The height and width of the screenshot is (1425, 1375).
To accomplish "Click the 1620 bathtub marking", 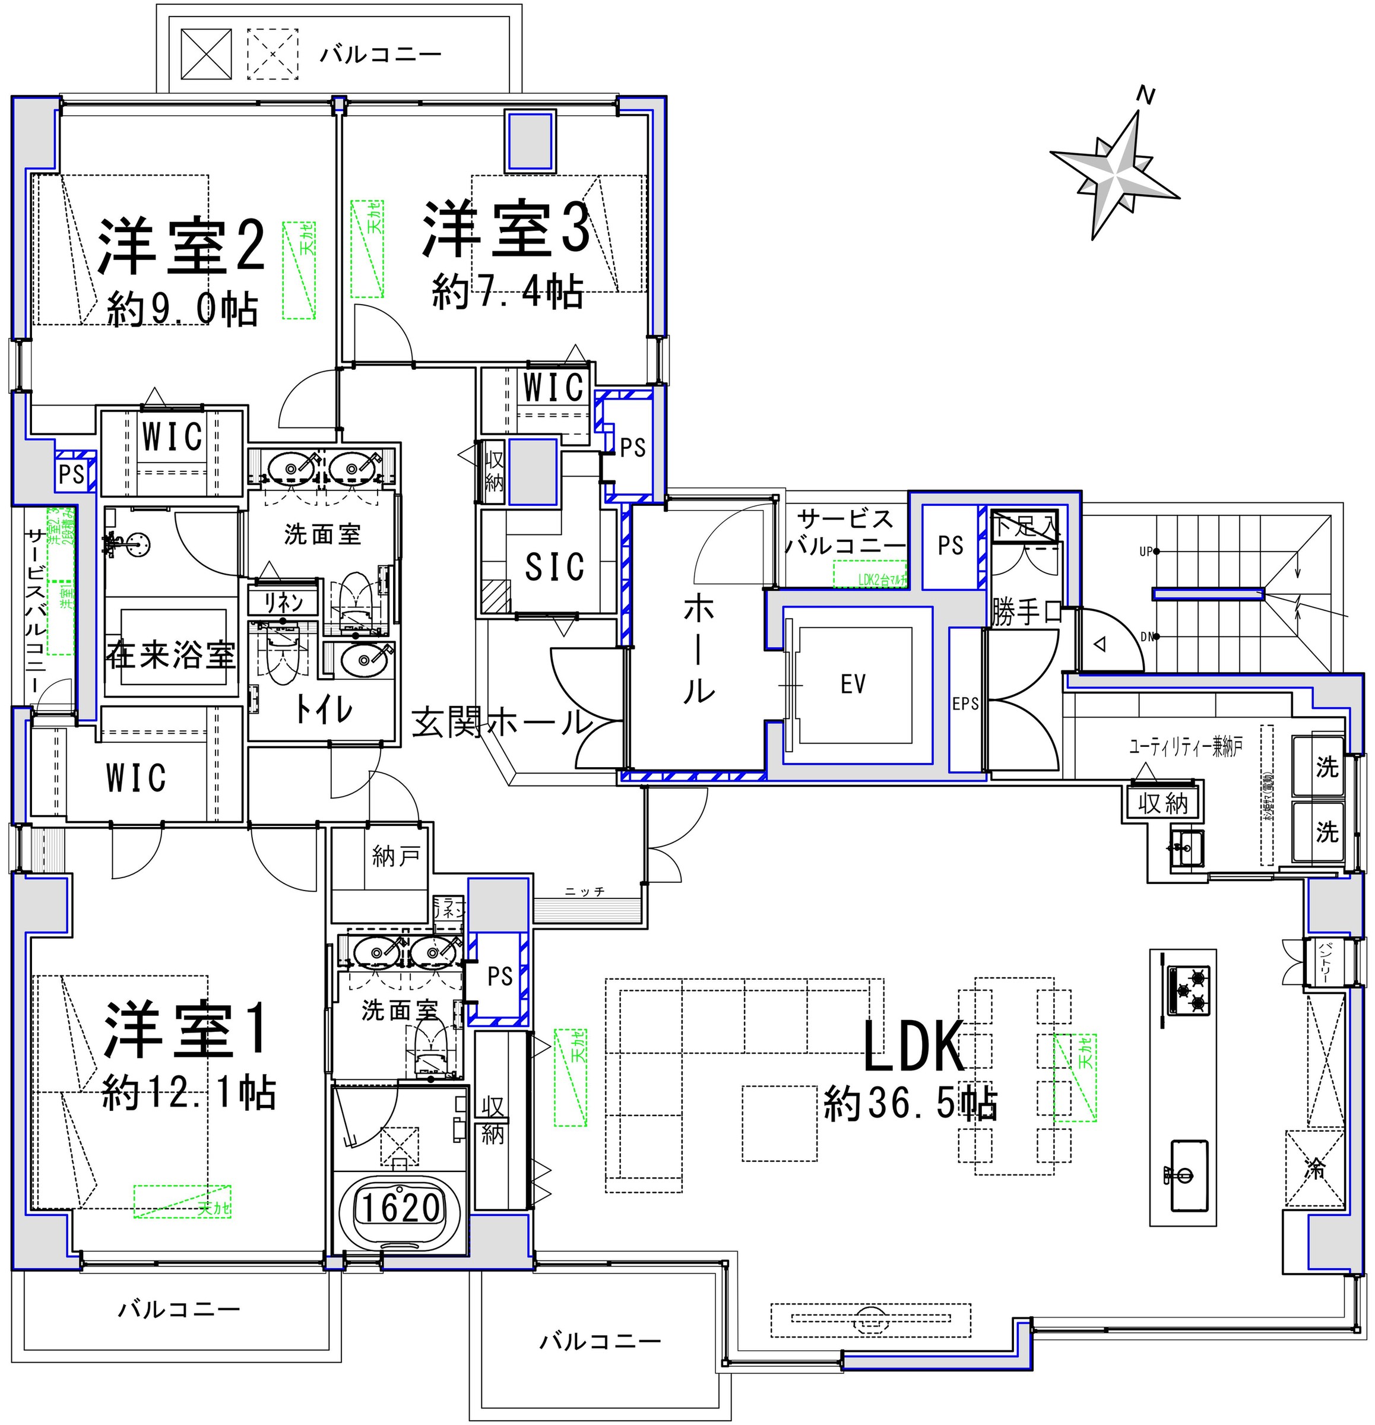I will click(401, 1208).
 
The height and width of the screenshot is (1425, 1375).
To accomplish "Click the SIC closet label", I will click(554, 566).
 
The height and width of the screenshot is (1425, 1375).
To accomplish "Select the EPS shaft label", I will click(965, 704).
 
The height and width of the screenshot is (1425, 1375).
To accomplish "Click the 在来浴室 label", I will click(171, 655).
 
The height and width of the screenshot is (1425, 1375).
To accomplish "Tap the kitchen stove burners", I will click(1189, 990).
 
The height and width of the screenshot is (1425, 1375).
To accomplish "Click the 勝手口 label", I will click(1026, 613).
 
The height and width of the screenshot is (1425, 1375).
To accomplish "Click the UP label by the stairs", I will click(1146, 552).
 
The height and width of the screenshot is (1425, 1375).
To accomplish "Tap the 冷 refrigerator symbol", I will click(1314, 1189).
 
